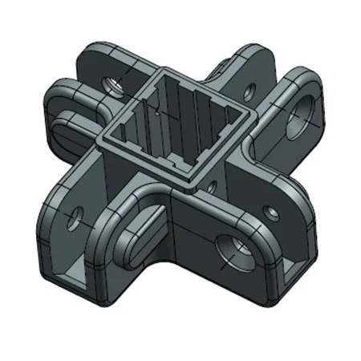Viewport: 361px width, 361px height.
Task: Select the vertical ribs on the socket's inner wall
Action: [x=193, y=108]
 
